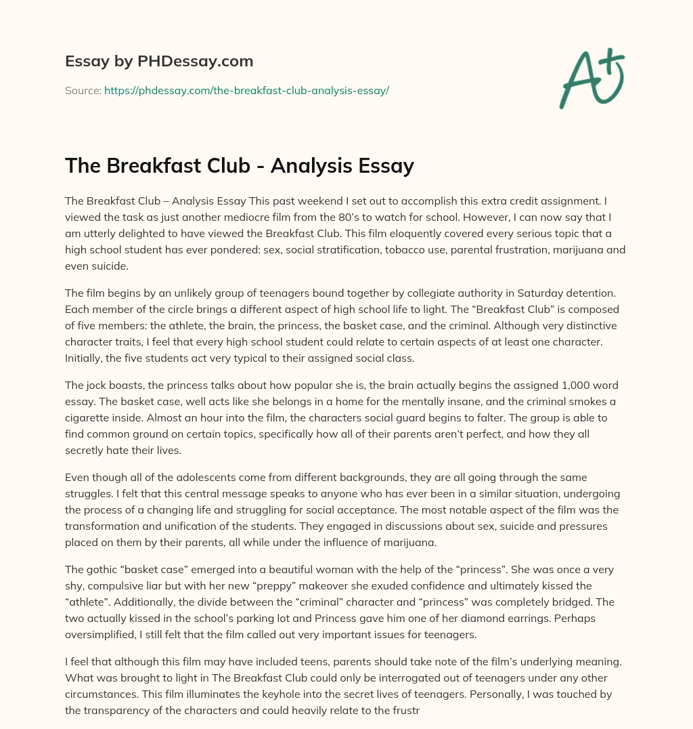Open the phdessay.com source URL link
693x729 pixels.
[246, 90]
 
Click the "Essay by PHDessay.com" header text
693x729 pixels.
[159, 62]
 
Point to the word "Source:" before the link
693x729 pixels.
[83, 90]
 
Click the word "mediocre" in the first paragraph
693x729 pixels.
[238, 217]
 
